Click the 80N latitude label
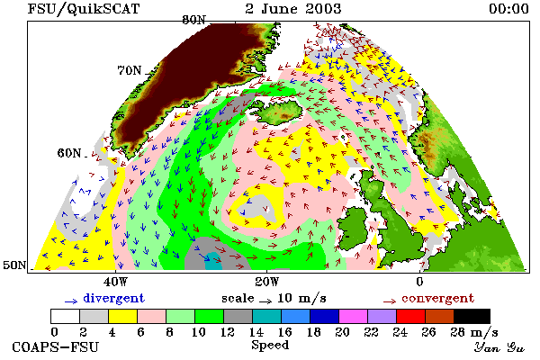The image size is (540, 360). [x=193, y=20]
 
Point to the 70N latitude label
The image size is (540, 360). [x=130, y=70]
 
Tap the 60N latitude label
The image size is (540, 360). [x=69, y=153]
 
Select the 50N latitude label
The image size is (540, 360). [x=14, y=265]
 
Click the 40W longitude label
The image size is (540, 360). [x=115, y=282]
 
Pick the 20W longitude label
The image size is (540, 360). [x=267, y=282]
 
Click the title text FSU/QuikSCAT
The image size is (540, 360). [x=84, y=9]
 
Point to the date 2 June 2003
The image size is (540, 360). [x=293, y=9]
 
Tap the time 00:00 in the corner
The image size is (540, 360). [x=508, y=9]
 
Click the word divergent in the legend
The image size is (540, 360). [x=114, y=298]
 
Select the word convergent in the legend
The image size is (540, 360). [x=437, y=298]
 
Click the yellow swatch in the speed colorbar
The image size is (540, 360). [x=122, y=316]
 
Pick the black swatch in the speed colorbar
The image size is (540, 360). [x=472, y=316]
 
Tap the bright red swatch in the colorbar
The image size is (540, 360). [x=410, y=316]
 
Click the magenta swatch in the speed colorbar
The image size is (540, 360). [x=353, y=316]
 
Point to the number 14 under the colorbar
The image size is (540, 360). [x=256, y=332]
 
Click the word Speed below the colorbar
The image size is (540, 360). [x=270, y=346]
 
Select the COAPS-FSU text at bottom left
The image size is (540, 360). [x=56, y=347]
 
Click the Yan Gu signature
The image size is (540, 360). [x=499, y=347]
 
